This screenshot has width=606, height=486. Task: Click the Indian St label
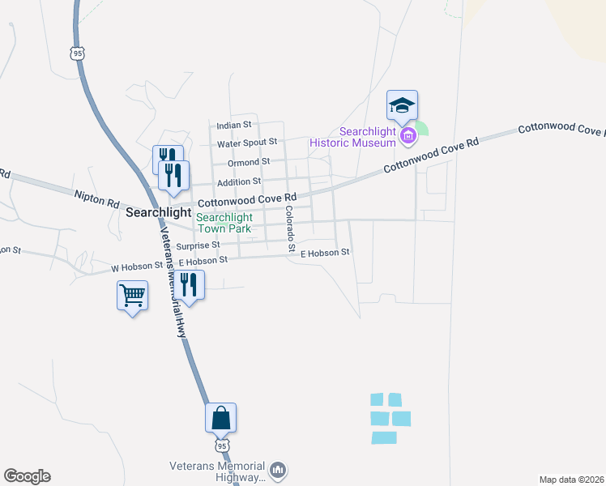tap(235, 126)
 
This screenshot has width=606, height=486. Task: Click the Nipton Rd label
tap(96, 195)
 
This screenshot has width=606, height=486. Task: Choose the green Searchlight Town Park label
tap(224, 224)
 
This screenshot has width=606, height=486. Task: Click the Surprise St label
tap(198, 245)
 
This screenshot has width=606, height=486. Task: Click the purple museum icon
tap(408, 135)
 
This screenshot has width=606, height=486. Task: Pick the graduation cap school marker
tap(402, 105)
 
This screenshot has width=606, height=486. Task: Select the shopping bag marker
tap(220, 418)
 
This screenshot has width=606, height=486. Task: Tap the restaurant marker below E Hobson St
tap(188, 284)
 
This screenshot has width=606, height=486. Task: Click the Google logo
tap(27, 476)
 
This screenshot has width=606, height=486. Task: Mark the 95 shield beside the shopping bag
tap(222, 446)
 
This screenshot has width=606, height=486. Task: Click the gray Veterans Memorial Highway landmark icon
tap(278, 470)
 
